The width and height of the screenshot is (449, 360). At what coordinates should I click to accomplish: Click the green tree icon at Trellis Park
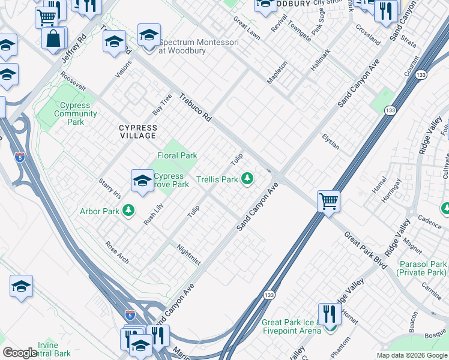tap(247, 178)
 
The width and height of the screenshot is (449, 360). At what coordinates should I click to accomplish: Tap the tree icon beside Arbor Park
tap(128, 210)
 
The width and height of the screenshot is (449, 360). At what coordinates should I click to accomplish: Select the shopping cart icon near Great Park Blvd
tap(328, 201)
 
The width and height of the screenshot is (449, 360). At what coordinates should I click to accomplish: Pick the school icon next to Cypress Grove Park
tap(142, 180)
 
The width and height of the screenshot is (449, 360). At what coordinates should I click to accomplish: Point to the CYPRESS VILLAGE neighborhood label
tap(137, 131)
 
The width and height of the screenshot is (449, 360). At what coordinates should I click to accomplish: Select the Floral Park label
tap(177, 155)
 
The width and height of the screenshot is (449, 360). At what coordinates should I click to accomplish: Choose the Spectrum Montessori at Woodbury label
tap(190, 47)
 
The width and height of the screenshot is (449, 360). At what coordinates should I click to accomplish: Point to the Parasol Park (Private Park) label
tap(422, 268)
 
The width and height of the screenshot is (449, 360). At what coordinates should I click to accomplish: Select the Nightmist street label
tap(189, 254)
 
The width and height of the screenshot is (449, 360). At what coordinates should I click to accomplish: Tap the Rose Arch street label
tap(116, 253)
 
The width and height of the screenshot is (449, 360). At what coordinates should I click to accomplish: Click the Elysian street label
tap(330, 142)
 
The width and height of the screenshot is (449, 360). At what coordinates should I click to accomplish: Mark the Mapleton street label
tap(277, 72)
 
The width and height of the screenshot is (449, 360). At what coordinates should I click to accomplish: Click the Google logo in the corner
tap(20, 353)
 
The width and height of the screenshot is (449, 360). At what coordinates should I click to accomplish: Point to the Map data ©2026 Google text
tap(412, 355)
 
